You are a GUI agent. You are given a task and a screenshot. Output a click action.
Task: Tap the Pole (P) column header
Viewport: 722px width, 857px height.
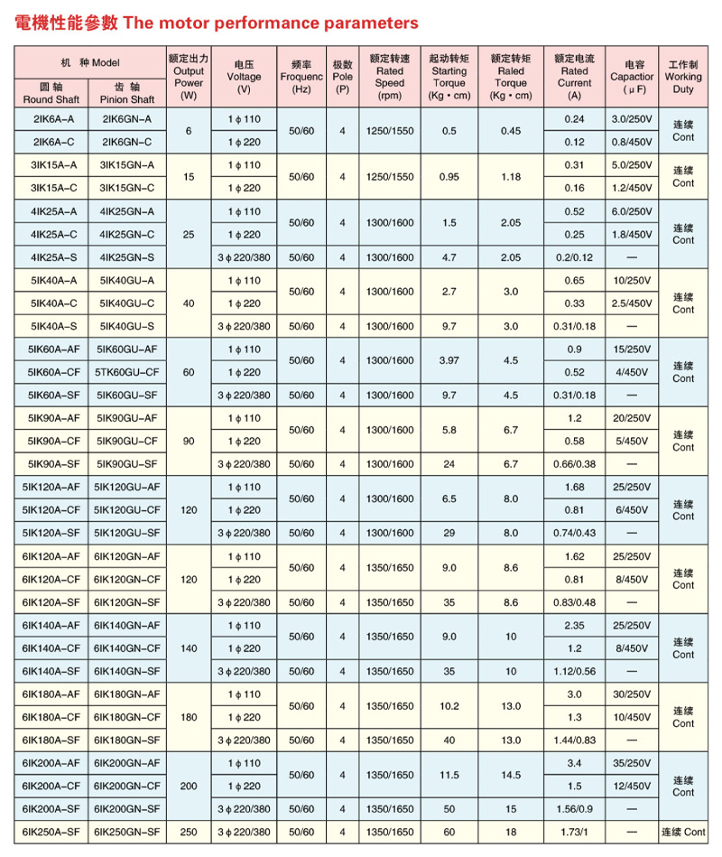pos(342,77)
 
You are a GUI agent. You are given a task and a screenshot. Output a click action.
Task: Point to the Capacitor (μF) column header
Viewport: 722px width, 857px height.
pos(632,77)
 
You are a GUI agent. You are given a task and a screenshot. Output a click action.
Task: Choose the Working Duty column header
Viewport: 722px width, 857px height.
pos(683,77)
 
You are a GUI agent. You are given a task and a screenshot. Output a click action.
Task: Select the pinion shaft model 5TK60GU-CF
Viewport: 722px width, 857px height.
pos(127,372)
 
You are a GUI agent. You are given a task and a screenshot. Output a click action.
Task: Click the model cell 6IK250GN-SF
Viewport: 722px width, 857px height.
pos(127,831)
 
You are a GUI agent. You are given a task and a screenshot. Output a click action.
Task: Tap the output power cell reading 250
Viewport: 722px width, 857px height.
pos(189,831)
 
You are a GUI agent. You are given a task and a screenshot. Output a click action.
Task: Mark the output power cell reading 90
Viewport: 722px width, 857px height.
pos(189,441)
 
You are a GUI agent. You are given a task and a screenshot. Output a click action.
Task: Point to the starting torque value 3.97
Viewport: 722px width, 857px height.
pos(449,360)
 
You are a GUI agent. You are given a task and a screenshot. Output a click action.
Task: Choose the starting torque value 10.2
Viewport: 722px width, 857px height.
pos(449,705)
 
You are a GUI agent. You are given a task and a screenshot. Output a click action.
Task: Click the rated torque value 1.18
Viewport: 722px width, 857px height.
pos(511,176)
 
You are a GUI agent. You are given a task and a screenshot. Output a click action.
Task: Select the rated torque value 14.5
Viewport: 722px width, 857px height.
pos(511,774)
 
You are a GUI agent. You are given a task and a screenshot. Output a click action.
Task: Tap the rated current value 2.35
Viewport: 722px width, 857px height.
pos(574,625)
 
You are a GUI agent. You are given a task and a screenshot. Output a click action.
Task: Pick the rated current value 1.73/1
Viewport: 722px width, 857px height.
pos(574,831)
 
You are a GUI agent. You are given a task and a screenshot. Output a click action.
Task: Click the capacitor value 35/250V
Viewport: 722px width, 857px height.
pos(632,762)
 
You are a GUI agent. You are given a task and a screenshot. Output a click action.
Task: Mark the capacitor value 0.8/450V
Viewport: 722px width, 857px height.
pos(632,142)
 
